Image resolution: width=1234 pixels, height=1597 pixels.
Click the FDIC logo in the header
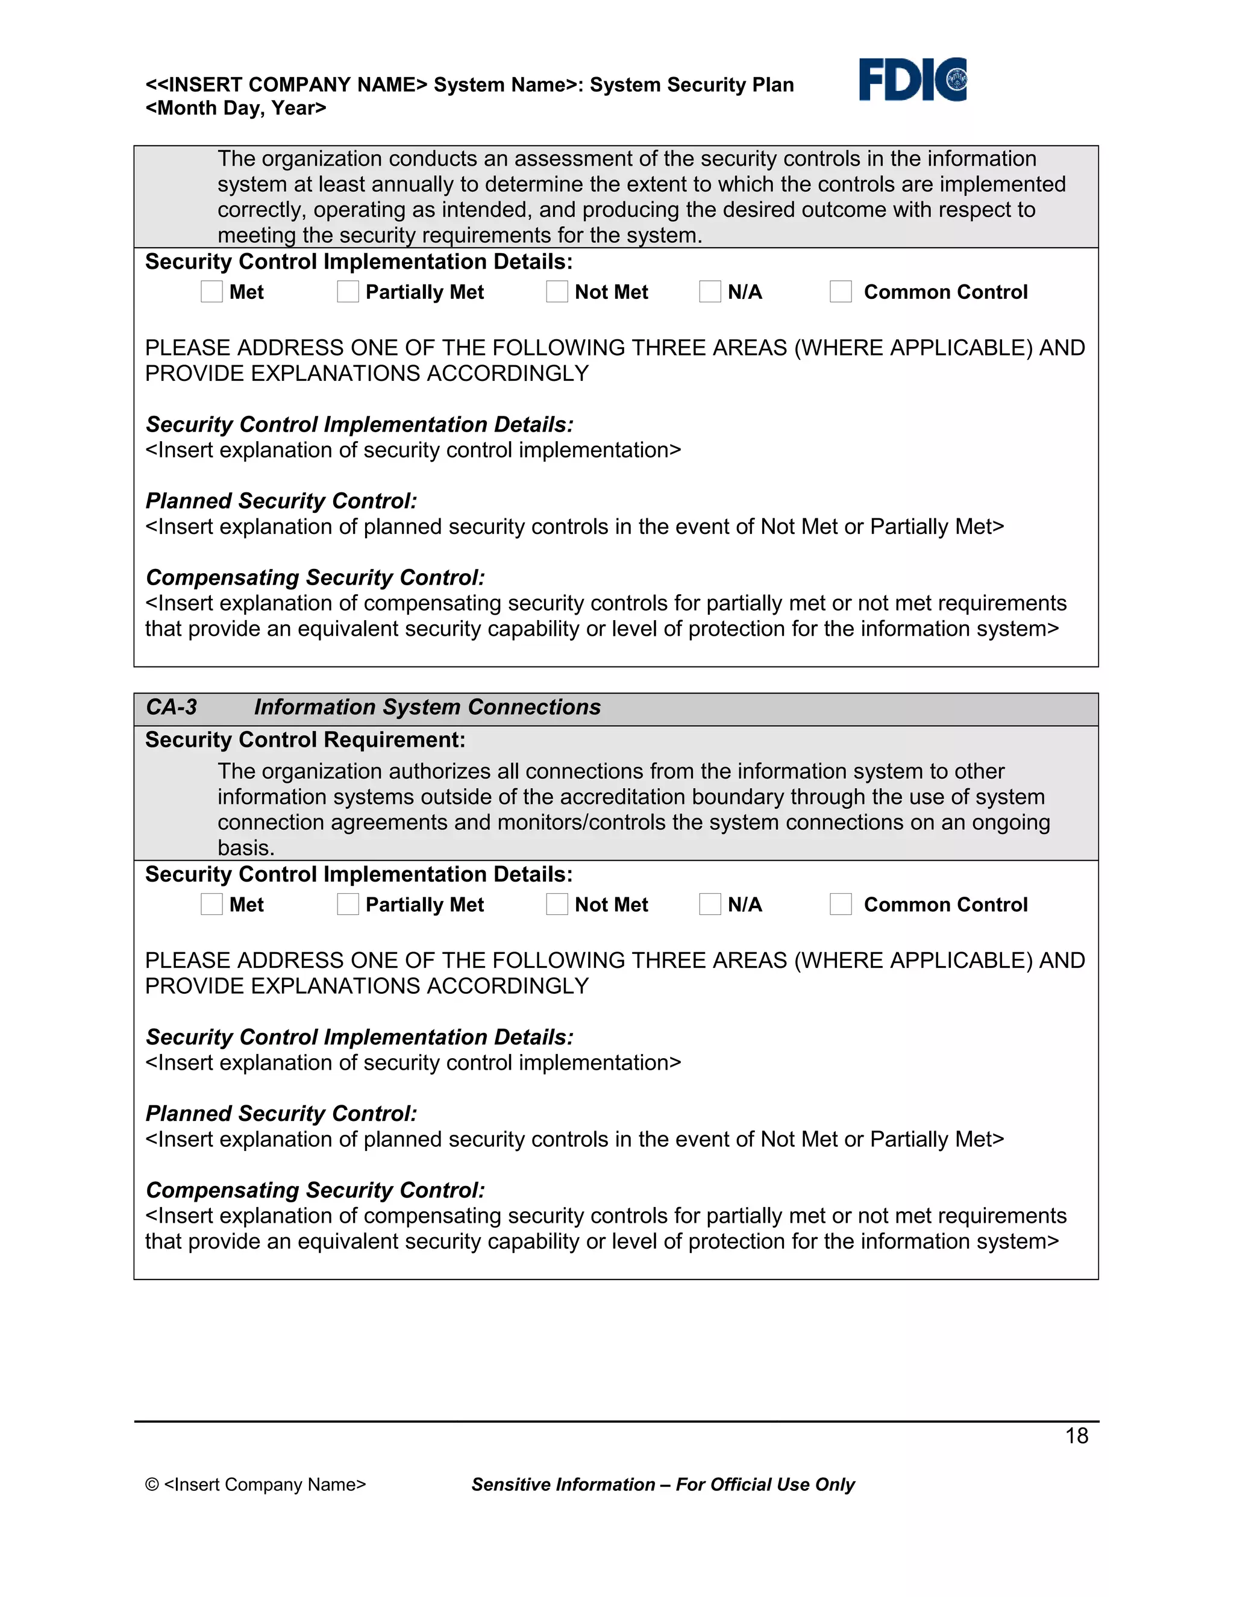[912, 80]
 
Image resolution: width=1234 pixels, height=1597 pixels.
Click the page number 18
[1076, 1435]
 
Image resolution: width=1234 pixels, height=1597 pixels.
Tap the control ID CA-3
[171, 707]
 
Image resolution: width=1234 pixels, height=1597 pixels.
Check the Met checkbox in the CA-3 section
[212, 904]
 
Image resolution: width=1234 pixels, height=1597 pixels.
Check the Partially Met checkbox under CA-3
[348, 904]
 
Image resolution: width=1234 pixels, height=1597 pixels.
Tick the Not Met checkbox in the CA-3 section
[557, 904]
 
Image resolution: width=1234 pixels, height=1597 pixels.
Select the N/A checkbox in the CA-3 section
[710, 904]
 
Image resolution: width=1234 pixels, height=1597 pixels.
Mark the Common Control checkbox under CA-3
[841, 904]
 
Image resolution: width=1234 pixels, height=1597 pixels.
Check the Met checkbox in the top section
[212, 291]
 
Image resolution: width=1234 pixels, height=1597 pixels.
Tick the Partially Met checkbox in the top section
[348, 291]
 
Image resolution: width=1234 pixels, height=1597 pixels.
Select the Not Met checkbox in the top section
[557, 291]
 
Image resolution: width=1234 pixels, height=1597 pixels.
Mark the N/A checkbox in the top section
[710, 291]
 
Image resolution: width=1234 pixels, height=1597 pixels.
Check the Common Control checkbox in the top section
[841, 291]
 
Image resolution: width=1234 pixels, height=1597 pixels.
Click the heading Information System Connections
[427, 707]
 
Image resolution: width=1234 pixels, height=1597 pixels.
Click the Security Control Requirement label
[305, 740]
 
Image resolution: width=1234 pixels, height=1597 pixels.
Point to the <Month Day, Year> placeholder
[236, 108]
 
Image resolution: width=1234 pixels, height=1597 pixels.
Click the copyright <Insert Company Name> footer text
[256, 1484]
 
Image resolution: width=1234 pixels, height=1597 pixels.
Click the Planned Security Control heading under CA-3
[281, 1114]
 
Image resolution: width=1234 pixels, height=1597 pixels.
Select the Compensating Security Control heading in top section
[315, 578]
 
